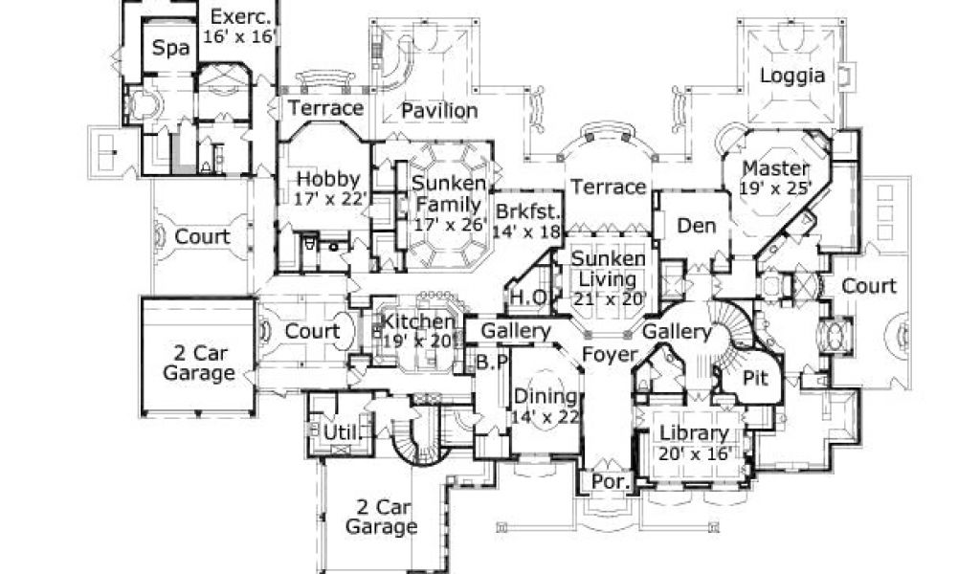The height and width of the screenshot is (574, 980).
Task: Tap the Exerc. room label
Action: [241, 16]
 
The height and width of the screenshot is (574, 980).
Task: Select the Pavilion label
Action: [439, 111]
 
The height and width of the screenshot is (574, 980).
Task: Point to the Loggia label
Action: [792, 77]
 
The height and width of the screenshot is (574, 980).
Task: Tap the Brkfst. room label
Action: [526, 211]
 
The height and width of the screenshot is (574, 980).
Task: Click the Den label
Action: [697, 226]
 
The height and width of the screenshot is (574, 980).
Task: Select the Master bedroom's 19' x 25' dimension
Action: [777, 188]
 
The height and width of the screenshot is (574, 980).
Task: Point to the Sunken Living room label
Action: [605, 269]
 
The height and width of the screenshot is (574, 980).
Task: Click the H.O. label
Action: [529, 298]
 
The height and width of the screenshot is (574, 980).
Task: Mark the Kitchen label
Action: [417, 320]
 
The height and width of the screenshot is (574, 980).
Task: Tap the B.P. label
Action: [490, 364]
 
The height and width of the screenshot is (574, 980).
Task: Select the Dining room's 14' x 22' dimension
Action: [546, 418]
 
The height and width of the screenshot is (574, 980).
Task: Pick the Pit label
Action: [756, 378]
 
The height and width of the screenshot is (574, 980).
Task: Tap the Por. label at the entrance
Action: [610, 482]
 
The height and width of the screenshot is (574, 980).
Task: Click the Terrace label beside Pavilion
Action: [326, 108]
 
